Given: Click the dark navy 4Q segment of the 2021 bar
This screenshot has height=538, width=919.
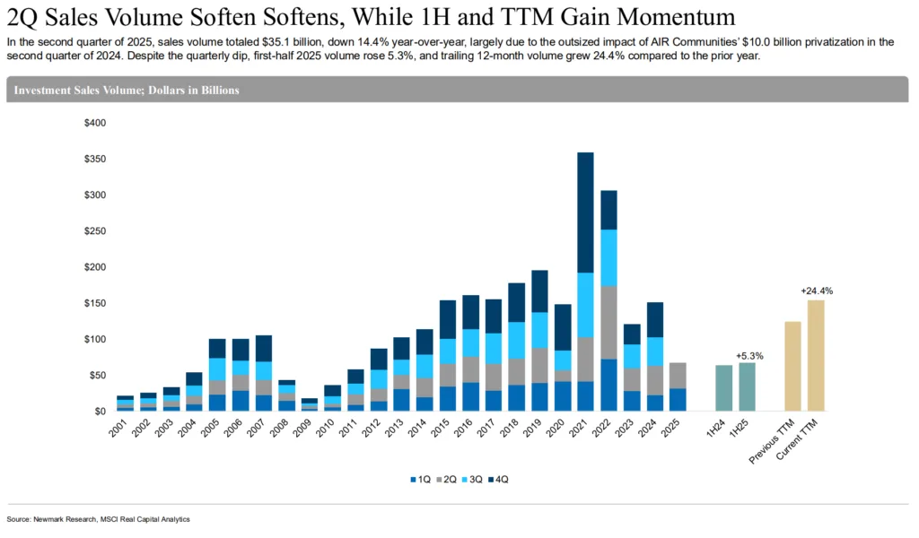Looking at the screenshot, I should [x=584, y=213].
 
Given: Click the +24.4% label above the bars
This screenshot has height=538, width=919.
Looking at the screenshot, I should [x=815, y=291].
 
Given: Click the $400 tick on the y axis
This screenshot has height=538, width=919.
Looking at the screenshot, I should [x=94, y=123].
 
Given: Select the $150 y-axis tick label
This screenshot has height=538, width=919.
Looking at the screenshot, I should [x=94, y=303].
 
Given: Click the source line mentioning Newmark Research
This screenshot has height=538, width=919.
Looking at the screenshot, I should [x=99, y=519].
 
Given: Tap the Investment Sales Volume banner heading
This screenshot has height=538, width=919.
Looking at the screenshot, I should [x=126, y=91].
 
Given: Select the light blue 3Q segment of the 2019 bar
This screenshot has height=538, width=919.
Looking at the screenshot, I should [x=539, y=330].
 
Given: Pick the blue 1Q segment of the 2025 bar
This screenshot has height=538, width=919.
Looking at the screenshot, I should [x=678, y=399].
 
